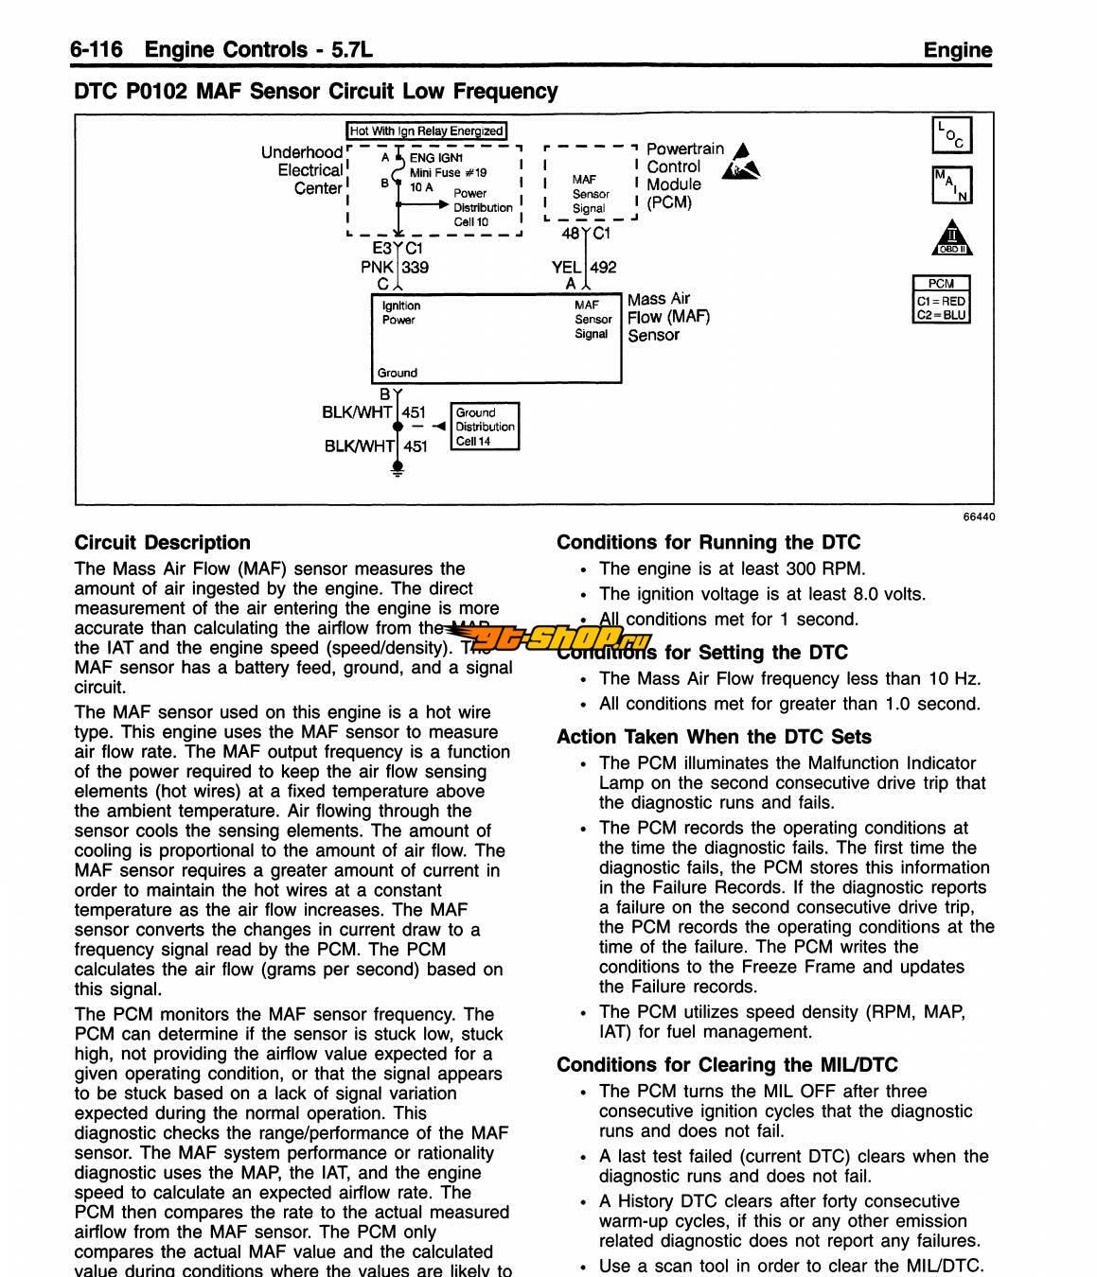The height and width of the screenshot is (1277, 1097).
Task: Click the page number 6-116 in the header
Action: (x=96, y=49)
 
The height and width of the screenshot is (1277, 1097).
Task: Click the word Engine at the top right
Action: (x=958, y=50)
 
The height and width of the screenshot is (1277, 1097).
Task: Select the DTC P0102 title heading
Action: (x=316, y=92)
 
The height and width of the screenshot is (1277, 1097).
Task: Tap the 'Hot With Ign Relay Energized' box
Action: (x=427, y=131)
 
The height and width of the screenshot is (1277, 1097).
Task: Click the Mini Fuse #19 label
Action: (x=449, y=173)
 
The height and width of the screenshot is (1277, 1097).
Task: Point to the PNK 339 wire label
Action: (x=396, y=268)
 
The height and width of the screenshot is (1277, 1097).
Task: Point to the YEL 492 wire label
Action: (x=584, y=268)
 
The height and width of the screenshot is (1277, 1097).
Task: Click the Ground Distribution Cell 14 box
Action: (x=486, y=427)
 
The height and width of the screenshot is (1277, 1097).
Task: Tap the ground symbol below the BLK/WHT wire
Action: (x=398, y=468)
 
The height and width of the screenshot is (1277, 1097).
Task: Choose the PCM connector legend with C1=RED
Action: (x=941, y=299)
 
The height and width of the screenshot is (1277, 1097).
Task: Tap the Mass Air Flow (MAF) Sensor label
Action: (x=667, y=317)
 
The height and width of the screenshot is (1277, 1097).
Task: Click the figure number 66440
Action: (x=979, y=517)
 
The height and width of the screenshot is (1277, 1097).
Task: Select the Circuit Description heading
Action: (x=163, y=543)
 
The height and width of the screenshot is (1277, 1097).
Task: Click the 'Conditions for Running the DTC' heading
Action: (x=708, y=543)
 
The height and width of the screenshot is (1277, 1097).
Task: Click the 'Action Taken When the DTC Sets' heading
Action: (x=714, y=737)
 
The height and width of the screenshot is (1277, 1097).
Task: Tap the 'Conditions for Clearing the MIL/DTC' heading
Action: (x=727, y=1065)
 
